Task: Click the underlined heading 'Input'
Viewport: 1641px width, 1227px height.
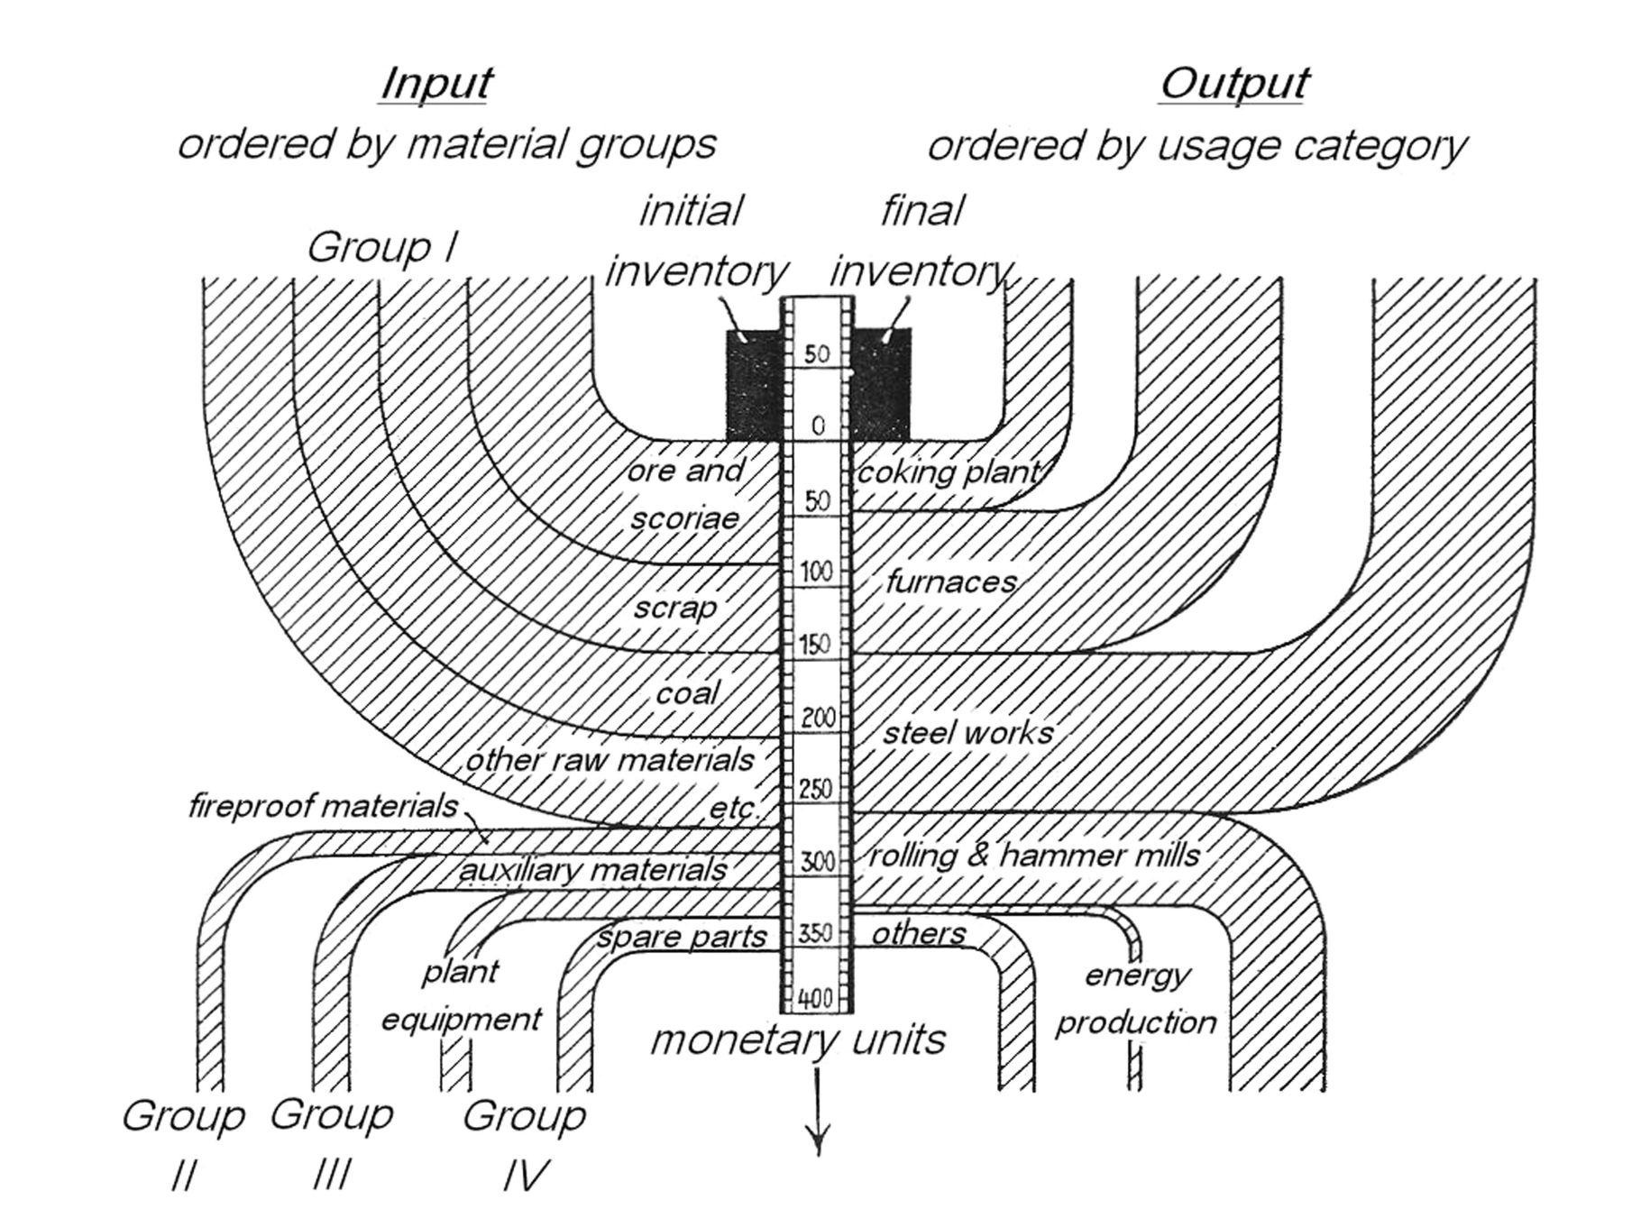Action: click(x=435, y=84)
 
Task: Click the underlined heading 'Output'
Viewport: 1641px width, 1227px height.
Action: click(x=1233, y=84)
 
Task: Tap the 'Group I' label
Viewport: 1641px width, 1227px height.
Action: click(x=382, y=247)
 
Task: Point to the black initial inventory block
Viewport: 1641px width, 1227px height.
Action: click(x=754, y=383)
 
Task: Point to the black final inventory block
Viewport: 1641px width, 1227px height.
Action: click(x=882, y=383)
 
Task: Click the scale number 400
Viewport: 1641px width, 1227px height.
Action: click(x=815, y=999)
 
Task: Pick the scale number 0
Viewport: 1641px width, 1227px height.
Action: click(x=817, y=426)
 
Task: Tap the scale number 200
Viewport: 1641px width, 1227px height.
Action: click(x=818, y=719)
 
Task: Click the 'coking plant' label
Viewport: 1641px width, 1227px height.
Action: click(x=948, y=472)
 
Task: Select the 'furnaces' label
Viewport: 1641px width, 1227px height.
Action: click(x=951, y=582)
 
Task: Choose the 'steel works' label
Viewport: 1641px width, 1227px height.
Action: click(x=967, y=733)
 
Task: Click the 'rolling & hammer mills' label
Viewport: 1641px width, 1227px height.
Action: click(x=1033, y=855)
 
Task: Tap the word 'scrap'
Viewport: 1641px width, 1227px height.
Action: click(x=674, y=608)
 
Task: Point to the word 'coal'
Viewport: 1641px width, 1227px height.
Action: click(x=687, y=693)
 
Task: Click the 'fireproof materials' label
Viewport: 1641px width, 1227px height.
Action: click(x=323, y=805)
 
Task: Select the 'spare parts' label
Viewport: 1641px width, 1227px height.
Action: click(x=682, y=937)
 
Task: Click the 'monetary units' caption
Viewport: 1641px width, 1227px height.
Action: click(x=798, y=1039)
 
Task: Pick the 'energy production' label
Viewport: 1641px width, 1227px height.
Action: click(x=1136, y=999)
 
